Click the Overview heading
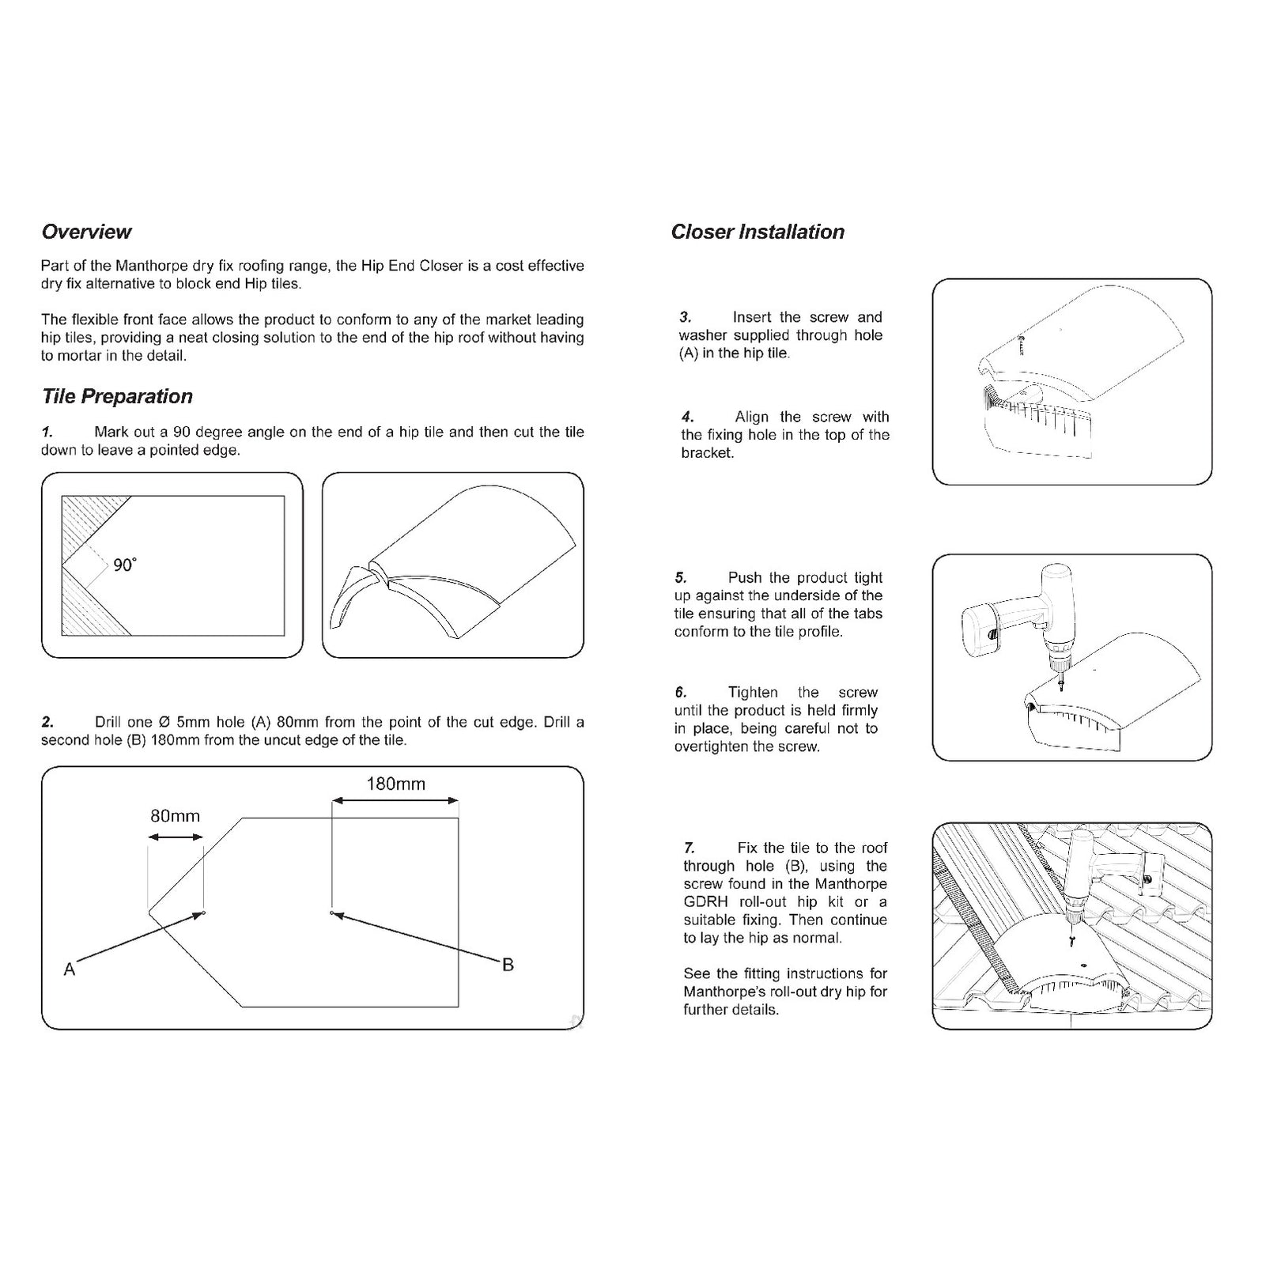(x=86, y=232)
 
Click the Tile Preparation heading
(x=117, y=396)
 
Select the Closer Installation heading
(x=757, y=232)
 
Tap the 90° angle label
(x=124, y=565)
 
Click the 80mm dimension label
(x=175, y=815)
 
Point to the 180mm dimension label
(x=395, y=784)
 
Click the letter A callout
(x=70, y=969)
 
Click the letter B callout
(x=508, y=965)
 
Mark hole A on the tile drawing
(x=204, y=914)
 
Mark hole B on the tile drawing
(x=331, y=914)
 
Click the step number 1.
(x=47, y=432)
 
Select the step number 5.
(x=681, y=577)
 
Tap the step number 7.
(x=690, y=848)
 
